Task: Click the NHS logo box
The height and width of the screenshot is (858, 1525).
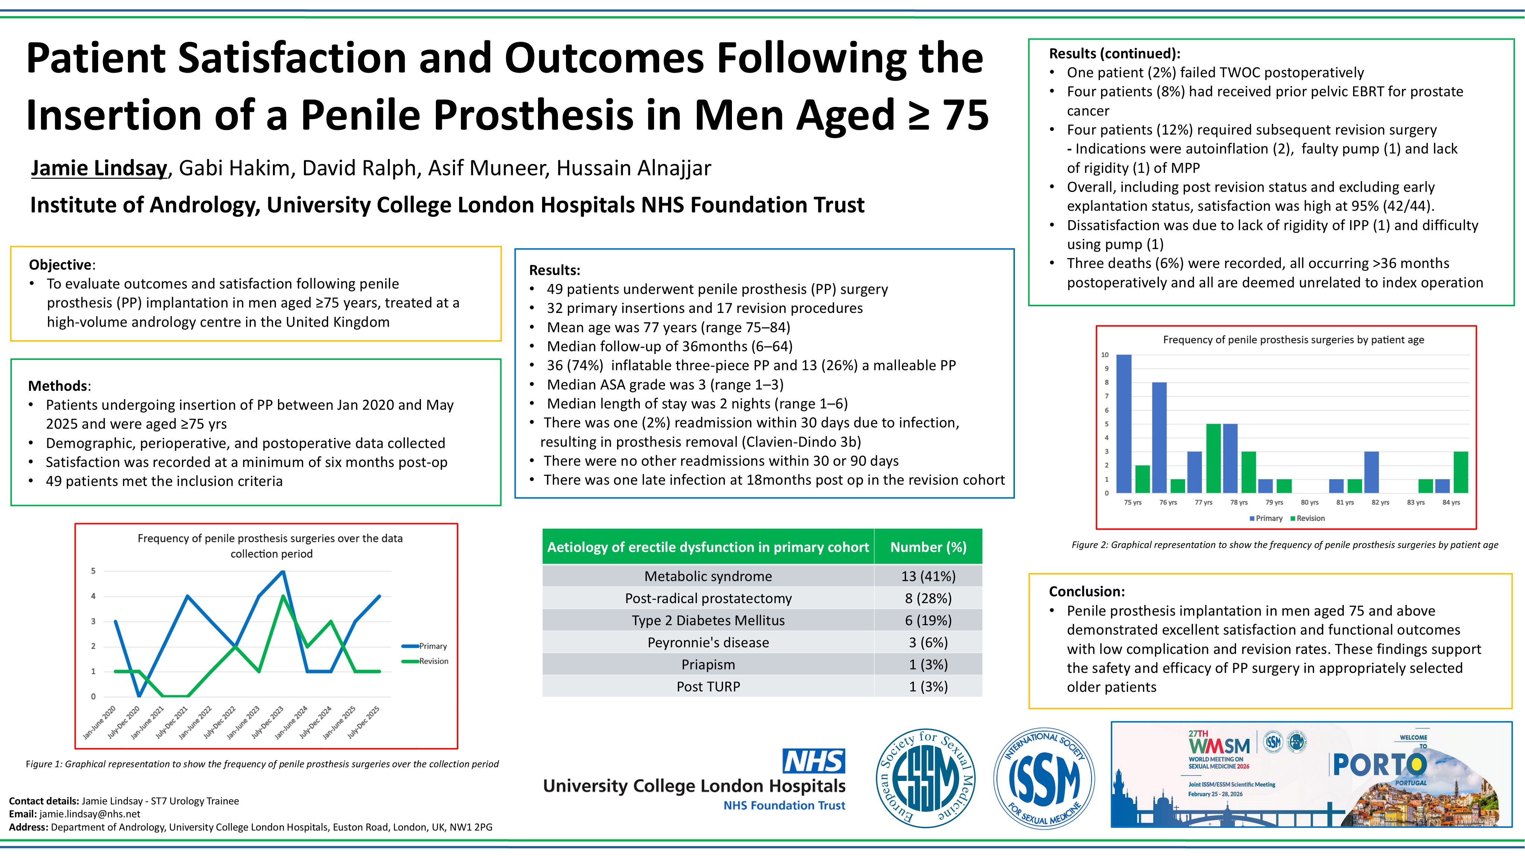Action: pos(814,761)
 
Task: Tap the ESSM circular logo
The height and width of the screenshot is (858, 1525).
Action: pos(925,778)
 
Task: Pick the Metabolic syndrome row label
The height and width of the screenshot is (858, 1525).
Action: pos(708,576)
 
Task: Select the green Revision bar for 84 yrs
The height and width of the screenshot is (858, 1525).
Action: pos(1460,472)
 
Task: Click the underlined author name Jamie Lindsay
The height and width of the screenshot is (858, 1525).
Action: pos(99,168)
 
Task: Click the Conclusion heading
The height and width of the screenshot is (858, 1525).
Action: pos(1086,591)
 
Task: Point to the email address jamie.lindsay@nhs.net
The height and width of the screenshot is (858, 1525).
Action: pos(90,814)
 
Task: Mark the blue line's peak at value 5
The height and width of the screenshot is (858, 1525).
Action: pos(283,572)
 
